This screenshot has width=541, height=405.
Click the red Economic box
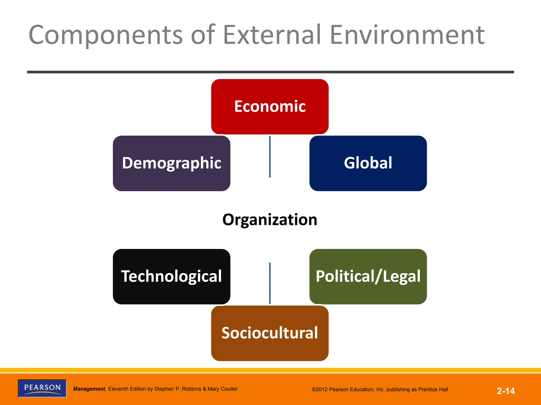[270, 107]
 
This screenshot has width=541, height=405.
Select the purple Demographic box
[171, 163]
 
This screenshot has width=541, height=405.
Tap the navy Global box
[368, 163]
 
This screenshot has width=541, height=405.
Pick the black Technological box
[171, 276]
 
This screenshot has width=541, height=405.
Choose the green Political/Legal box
[368, 276]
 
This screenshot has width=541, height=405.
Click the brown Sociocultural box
[270, 333]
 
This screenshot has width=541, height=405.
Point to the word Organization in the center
[270, 220]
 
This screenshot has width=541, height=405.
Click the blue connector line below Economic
[270, 157]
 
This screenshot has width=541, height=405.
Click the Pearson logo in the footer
[42, 388]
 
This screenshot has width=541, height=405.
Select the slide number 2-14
[506, 391]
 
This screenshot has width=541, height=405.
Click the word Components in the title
[106, 35]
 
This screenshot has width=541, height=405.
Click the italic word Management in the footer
[89, 389]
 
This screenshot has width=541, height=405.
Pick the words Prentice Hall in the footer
[433, 389]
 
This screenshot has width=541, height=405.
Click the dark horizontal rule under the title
[270, 72]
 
